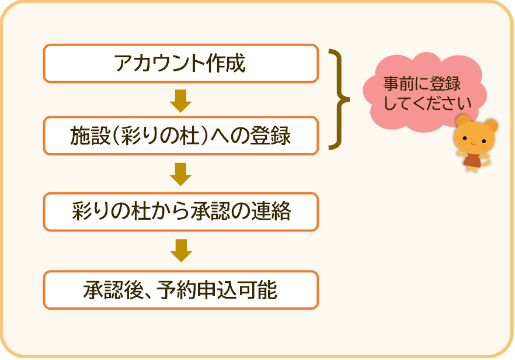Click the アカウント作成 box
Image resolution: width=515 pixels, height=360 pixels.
click(x=180, y=63)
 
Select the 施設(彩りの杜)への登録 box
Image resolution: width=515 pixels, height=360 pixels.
click(x=180, y=135)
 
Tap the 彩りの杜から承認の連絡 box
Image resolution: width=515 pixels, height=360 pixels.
click(x=180, y=212)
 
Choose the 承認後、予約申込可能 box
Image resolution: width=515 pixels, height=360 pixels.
click(x=180, y=290)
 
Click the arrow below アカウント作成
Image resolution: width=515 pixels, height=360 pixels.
click(x=180, y=101)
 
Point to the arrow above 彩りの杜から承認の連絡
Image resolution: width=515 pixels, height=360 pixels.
click(x=180, y=174)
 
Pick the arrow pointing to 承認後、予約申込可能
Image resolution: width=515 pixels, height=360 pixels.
click(x=181, y=251)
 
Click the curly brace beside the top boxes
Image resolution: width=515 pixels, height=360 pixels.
click(x=339, y=99)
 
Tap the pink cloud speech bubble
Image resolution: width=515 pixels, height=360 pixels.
click(x=424, y=92)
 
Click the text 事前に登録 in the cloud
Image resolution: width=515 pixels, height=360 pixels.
click(x=422, y=84)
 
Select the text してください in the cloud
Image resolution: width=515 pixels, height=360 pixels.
click(x=427, y=103)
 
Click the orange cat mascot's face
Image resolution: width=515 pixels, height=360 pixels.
click(x=474, y=138)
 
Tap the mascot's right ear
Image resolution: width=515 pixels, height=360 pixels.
click(x=492, y=126)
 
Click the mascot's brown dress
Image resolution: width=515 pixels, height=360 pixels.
click(x=473, y=160)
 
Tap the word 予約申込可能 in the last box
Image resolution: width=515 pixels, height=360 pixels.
click(x=217, y=290)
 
